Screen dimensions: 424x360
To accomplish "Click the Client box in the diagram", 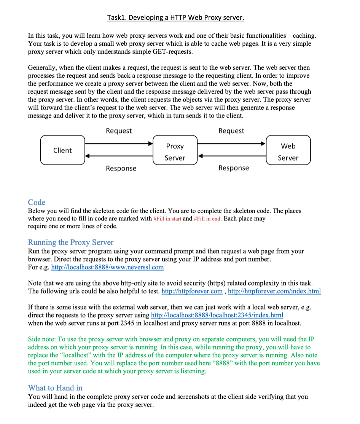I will (x=63, y=150).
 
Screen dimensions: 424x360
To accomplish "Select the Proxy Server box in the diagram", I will (x=175, y=151).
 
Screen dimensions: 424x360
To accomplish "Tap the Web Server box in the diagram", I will (x=288, y=151).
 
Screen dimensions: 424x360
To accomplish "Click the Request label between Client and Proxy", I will (x=119, y=131).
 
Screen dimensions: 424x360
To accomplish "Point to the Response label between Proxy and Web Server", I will (x=234, y=168).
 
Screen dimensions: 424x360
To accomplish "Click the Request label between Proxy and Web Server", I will (x=231, y=131).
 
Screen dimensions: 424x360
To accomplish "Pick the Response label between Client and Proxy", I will (x=121, y=168).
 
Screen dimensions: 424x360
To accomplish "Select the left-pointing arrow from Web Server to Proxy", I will (x=231, y=156).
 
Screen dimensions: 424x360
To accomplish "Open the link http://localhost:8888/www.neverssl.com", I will (x=107, y=267).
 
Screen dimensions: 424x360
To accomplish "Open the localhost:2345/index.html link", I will (x=217, y=315).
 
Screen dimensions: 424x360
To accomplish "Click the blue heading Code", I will (x=37, y=202).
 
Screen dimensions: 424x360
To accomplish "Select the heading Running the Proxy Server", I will (x=71, y=242).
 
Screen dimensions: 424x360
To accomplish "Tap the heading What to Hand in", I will (x=55, y=388).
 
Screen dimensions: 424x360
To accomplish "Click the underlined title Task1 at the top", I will (x=176, y=18).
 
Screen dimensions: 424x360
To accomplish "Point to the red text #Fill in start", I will (x=167, y=219).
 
